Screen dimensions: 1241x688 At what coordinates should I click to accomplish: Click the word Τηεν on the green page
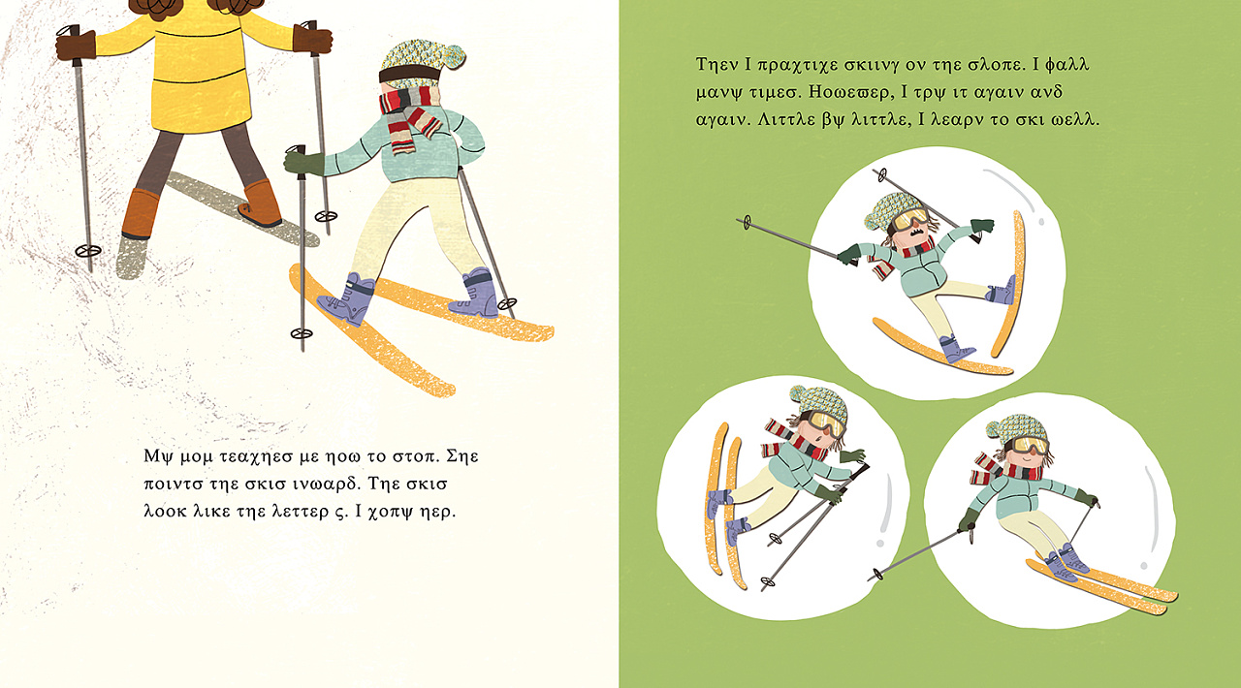716,64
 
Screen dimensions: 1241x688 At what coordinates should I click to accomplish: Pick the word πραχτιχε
796,65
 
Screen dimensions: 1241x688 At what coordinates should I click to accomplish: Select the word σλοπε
997,65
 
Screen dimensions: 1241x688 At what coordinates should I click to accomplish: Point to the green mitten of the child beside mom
302,162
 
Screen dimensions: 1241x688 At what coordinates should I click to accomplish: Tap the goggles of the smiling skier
1031,444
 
